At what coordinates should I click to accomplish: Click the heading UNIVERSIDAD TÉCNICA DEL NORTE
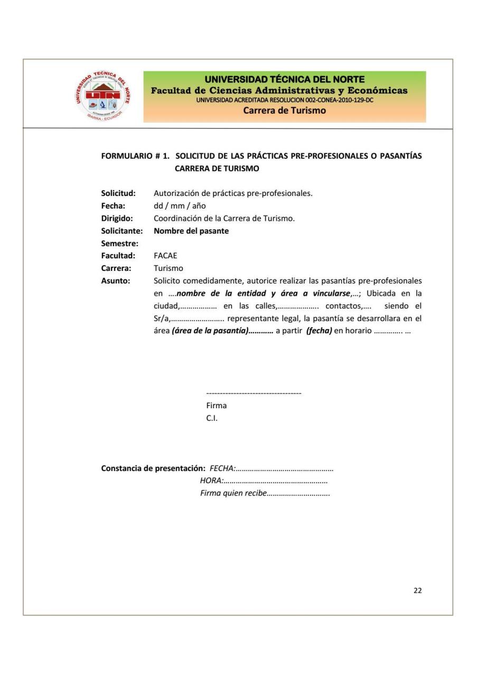coord(284,80)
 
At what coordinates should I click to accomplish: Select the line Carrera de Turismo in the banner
coord(284,110)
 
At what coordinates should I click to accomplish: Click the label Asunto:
coord(116,280)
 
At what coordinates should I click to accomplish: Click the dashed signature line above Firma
coord(254,393)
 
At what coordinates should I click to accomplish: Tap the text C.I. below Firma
coord(212,418)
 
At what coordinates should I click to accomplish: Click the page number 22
coord(417,590)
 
